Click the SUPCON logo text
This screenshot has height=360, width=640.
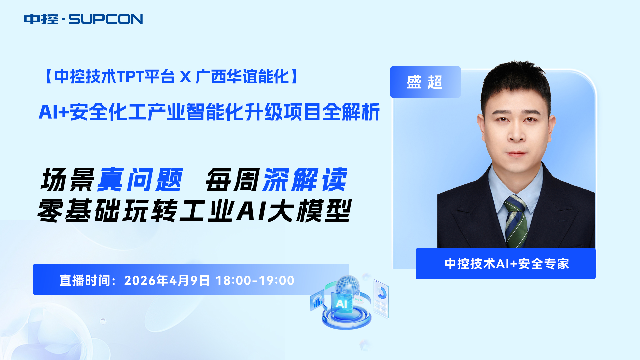[x=106, y=19]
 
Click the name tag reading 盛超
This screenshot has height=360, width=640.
[x=425, y=82]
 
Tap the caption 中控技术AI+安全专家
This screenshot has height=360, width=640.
[x=507, y=264]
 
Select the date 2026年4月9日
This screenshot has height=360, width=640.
[x=167, y=280]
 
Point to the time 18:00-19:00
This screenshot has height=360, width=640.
[x=255, y=281]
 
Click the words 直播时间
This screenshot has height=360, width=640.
[x=85, y=280]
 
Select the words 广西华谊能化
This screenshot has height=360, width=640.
[x=242, y=77]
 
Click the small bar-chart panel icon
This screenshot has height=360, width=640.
[x=317, y=300]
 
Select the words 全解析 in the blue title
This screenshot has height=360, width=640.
[x=351, y=112]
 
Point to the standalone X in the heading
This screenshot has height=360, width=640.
[x=185, y=77]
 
